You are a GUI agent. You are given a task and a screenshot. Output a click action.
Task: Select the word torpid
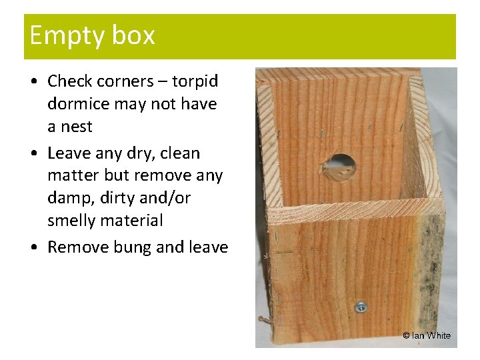[x=195, y=81]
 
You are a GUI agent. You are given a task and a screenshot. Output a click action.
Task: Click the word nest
[x=76, y=127]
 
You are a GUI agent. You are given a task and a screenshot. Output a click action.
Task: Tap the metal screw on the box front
[x=361, y=307]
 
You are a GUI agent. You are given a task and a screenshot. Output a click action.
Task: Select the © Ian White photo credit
[x=427, y=335]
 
